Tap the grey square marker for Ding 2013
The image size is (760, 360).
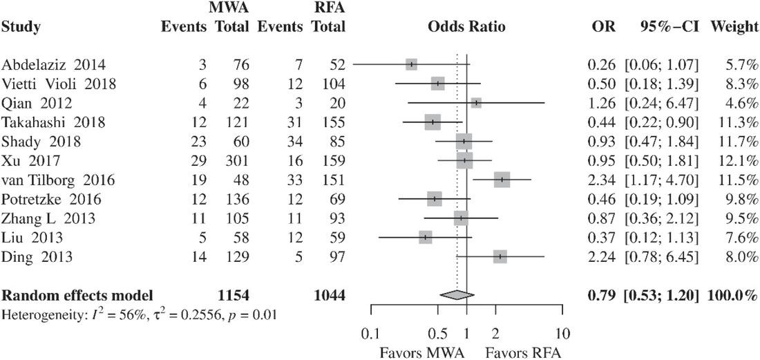pyautogui.click(x=500, y=257)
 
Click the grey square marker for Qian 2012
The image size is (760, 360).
pyautogui.click(x=476, y=103)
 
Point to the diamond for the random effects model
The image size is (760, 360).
pyautogui.click(x=456, y=294)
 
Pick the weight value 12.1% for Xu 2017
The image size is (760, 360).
pyautogui.click(x=739, y=161)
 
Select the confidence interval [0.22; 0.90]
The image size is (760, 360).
pyautogui.click(x=661, y=122)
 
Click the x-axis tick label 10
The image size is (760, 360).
pyautogui.click(x=563, y=334)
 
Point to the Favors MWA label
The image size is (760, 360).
pyautogui.click(x=421, y=351)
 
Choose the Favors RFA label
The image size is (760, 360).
pyautogui.click(x=523, y=351)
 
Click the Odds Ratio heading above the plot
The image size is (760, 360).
pyautogui.click(x=466, y=28)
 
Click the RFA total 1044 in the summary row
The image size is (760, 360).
pyautogui.click(x=328, y=295)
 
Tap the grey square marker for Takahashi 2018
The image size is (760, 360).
pyautogui.click(x=433, y=122)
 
